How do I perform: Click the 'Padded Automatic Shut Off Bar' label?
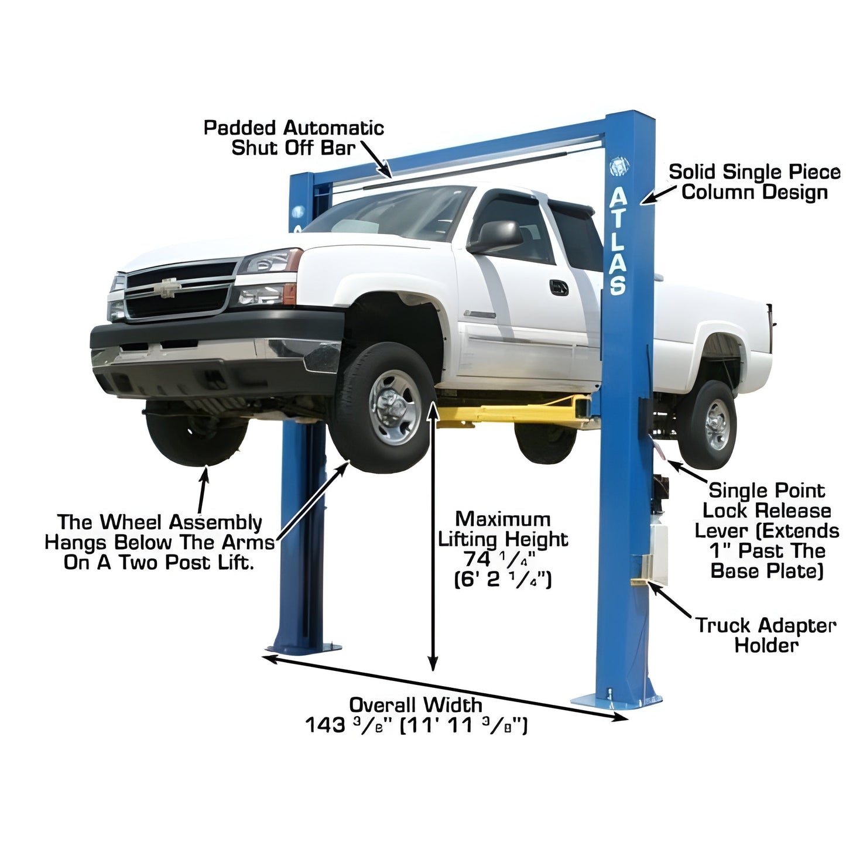(293, 138)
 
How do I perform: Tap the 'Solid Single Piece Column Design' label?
(754, 182)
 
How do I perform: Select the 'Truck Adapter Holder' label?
(766, 635)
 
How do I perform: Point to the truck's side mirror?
(498, 236)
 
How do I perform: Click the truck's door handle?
(559, 287)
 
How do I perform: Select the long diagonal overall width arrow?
(445, 687)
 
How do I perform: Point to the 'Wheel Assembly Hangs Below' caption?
(159, 542)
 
